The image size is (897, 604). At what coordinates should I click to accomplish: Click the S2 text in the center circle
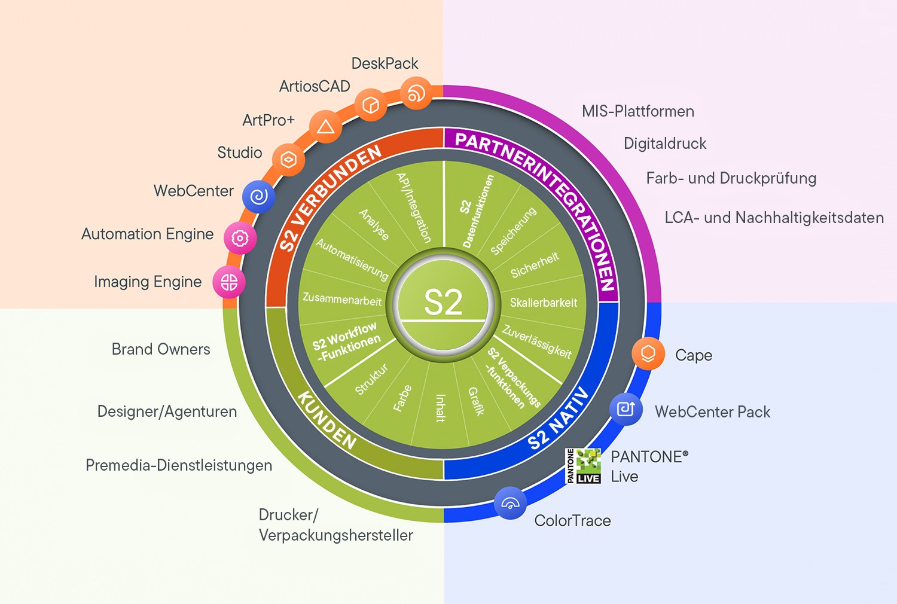point(443,303)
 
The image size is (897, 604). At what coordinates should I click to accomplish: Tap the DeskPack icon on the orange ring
point(416,93)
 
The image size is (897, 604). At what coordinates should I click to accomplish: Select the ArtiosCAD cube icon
point(371,105)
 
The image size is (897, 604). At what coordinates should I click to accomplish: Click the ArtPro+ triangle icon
point(325,126)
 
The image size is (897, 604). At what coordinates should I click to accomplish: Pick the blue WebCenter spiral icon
point(258,196)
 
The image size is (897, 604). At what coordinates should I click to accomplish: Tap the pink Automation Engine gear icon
point(240,238)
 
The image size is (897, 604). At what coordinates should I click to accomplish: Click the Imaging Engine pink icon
point(229,282)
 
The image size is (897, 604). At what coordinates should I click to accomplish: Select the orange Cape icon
point(648,353)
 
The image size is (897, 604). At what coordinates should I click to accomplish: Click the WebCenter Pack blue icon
point(626,409)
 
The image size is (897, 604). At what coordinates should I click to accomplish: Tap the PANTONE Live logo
point(584,466)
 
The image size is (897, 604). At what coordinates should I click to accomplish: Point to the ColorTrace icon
point(510,503)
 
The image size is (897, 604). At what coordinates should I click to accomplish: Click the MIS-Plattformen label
point(637,111)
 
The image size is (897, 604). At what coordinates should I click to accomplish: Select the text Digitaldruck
point(664,144)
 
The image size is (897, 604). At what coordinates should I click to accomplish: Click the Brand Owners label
point(161,349)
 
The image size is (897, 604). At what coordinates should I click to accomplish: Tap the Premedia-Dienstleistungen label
point(179,465)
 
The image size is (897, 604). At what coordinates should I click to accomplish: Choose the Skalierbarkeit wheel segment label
point(543,303)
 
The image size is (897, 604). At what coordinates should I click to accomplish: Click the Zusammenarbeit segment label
point(341,298)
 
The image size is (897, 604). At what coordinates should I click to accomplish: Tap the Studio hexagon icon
point(288,160)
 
